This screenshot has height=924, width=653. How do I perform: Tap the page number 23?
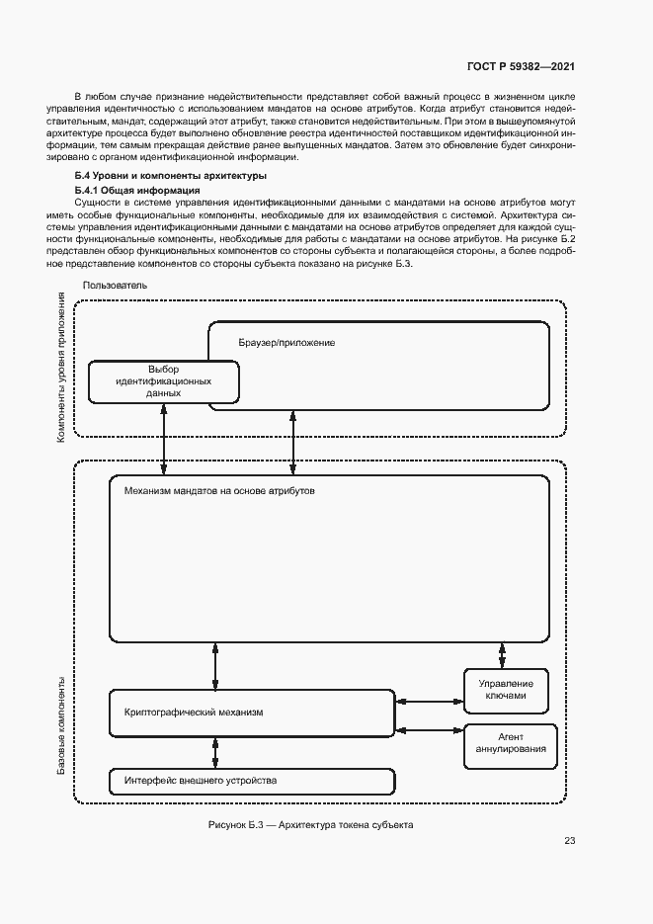pyautogui.click(x=569, y=841)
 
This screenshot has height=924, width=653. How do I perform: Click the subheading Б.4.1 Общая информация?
pyautogui.click(x=137, y=189)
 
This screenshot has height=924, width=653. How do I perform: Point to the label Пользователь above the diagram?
pyautogui.click(x=116, y=285)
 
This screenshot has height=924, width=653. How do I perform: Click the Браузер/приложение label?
pyautogui.click(x=286, y=343)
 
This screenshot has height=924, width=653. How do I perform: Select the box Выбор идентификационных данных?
pyautogui.click(x=163, y=381)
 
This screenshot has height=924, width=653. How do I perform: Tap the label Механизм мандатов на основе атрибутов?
pyautogui.click(x=219, y=490)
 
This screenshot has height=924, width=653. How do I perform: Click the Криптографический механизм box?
pyautogui.click(x=251, y=712)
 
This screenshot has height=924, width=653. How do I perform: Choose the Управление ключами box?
pyautogui.click(x=511, y=690)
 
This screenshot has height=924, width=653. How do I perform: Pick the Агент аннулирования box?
pyautogui.click(x=511, y=743)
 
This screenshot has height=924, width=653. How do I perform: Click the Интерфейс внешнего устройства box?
pyautogui.click(x=251, y=781)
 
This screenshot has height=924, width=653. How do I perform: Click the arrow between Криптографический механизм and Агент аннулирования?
pyautogui.click(x=429, y=731)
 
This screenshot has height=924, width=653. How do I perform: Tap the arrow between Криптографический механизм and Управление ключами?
pyautogui.click(x=429, y=702)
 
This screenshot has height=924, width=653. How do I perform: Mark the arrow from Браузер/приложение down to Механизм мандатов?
pyautogui.click(x=293, y=442)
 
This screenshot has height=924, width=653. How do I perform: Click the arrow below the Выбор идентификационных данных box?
pyautogui.click(x=163, y=440)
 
